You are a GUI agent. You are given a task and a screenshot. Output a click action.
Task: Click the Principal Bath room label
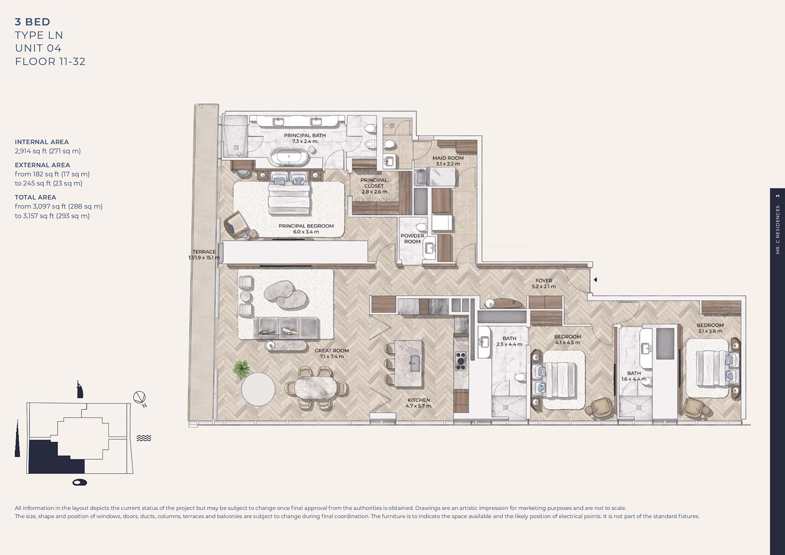pos(305,138)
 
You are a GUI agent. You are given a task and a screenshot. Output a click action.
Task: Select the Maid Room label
pos(447,161)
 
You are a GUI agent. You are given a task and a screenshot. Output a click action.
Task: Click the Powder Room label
pos(412,238)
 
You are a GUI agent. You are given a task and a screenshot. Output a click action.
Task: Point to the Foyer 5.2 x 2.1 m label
pos(543,283)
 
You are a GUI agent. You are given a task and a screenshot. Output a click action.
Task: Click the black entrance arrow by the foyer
pos(596,280)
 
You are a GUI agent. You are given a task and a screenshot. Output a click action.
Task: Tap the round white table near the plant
pos(258,389)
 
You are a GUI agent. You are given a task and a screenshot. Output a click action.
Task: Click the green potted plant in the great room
pos(241,368)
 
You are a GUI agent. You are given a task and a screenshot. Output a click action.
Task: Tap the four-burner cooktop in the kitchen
pos(460,361)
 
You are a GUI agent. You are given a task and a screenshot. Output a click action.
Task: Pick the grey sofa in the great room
pos(286,327)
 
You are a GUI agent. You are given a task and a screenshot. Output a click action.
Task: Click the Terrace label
pos(204,254)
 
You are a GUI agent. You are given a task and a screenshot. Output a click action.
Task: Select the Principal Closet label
pos(374,186)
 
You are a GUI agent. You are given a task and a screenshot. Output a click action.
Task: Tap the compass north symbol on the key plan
pos(139,398)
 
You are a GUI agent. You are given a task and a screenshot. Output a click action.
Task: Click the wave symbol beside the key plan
pos(144,438)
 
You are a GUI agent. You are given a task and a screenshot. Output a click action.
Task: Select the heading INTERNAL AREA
pos(42,142)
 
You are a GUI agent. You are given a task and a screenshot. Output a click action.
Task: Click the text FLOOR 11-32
pos(50,61)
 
